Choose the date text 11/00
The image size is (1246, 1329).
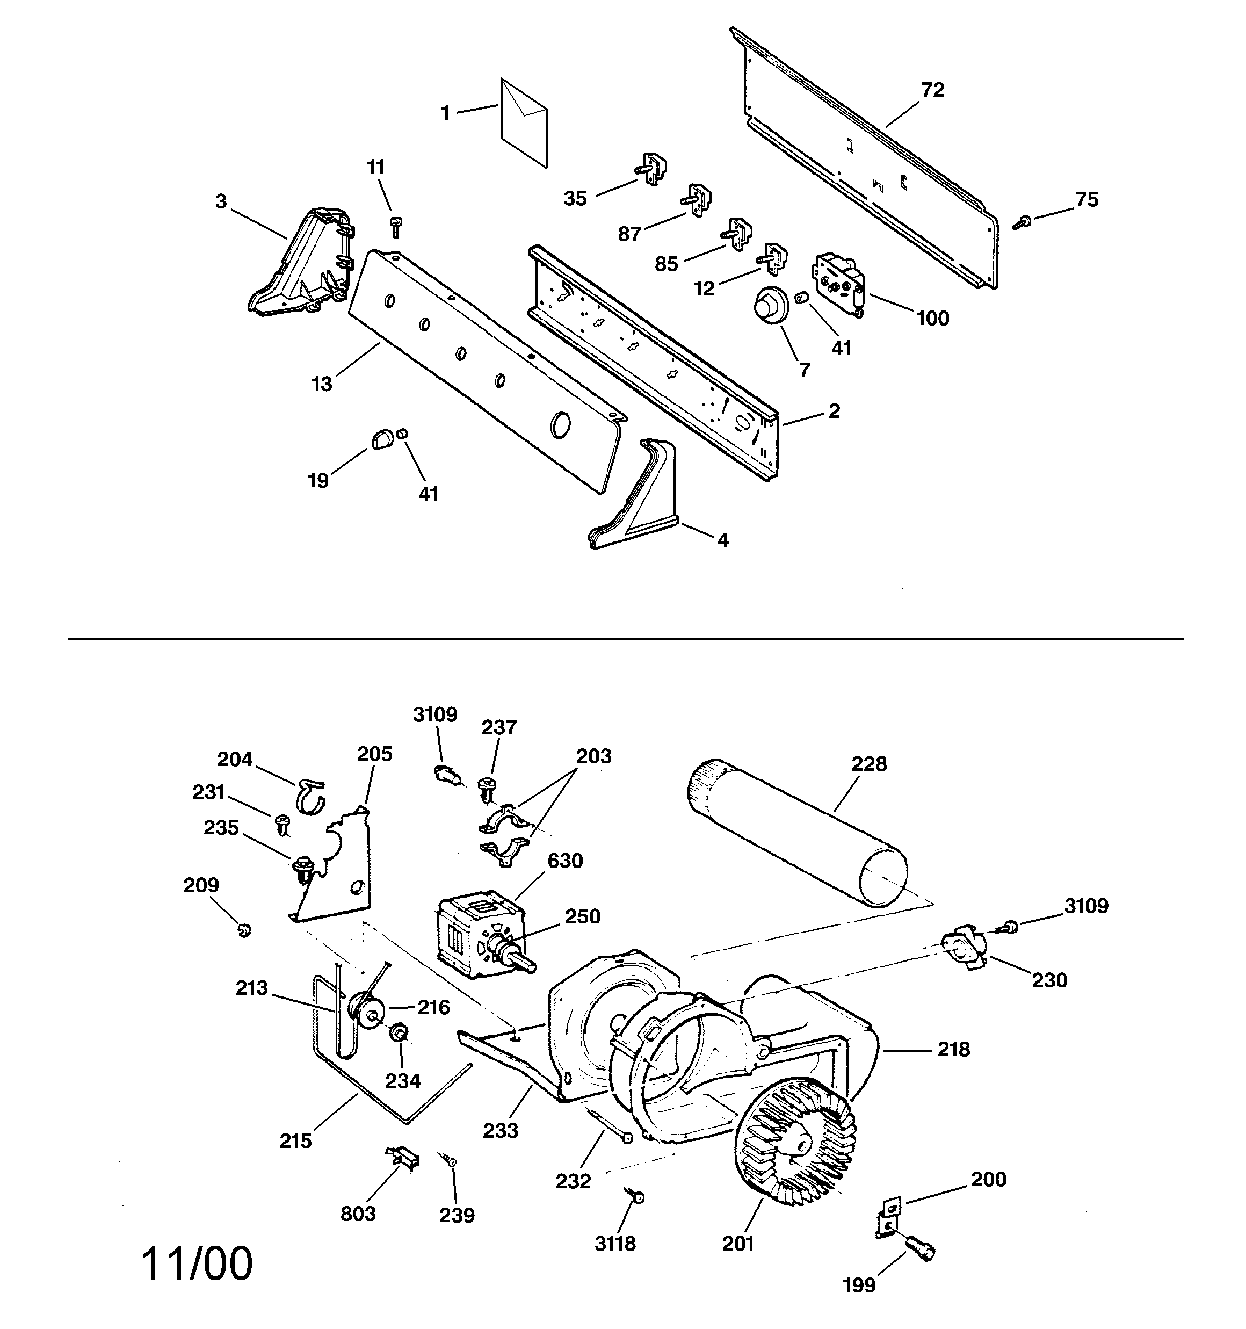coord(197,1263)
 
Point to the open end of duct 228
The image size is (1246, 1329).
coord(883,876)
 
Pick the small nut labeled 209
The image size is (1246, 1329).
coord(245,929)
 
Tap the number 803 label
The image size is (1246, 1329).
coord(358,1214)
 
